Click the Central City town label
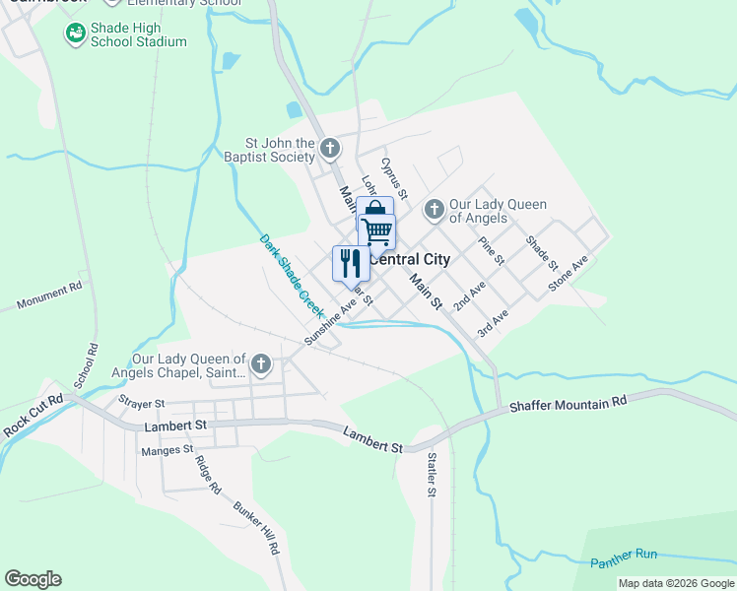tap(408, 260)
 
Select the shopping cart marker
tap(376, 231)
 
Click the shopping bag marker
tap(374, 209)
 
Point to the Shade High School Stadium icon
tap(75, 34)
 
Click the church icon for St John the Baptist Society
tap(330, 150)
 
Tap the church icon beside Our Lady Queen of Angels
tap(434, 210)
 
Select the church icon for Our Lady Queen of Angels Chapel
tap(261, 364)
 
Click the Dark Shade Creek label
tap(292, 274)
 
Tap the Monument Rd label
tap(48, 296)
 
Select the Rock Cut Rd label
tap(32, 416)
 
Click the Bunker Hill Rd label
tap(257, 529)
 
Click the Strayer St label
tap(141, 403)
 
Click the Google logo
tap(33, 579)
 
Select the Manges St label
tap(167, 450)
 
